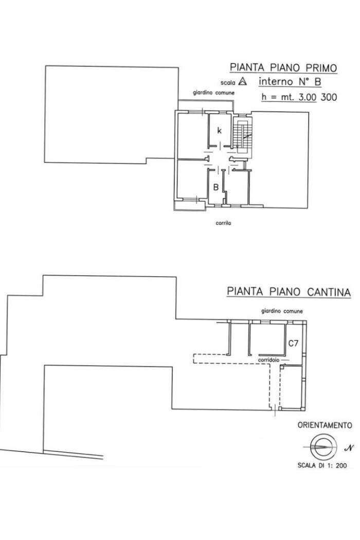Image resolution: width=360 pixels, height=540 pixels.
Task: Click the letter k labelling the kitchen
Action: (219, 131)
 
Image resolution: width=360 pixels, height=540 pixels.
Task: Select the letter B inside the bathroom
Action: (217, 187)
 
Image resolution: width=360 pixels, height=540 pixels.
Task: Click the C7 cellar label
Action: (293, 342)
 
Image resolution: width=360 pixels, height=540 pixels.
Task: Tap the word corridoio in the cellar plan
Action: (270, 359)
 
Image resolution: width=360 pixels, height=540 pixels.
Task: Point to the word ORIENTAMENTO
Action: (325, 425)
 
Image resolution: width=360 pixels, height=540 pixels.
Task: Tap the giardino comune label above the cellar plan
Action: (281, 311)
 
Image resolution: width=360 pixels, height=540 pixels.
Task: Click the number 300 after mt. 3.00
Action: (329, 96)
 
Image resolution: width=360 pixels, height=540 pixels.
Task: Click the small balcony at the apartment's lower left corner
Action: (182, 205)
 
